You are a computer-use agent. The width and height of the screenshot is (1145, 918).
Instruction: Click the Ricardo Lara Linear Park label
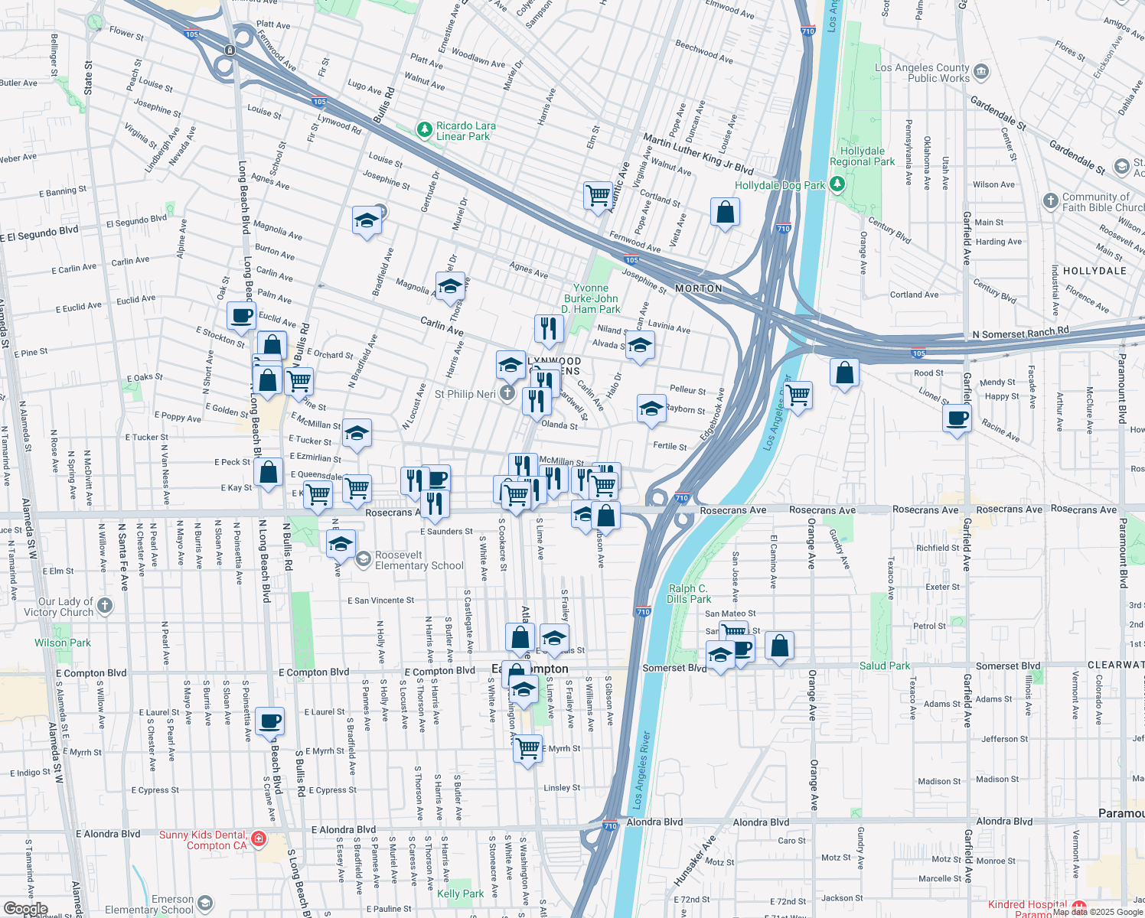tap(465, 131)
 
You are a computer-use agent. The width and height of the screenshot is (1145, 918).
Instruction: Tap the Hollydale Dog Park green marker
tap(837, 184)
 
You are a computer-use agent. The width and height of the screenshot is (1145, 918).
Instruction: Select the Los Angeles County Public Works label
tap(922, 73)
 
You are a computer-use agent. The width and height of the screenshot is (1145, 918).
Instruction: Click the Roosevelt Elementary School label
tap(419, 560)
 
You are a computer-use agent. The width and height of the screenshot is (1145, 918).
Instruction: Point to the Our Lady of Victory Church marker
tap(105, 607)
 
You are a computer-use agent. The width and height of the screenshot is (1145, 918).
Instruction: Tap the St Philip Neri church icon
tap(507, 394)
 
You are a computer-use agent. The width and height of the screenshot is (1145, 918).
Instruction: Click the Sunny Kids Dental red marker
tap(259, 839)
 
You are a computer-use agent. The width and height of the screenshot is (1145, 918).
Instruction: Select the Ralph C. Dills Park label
tap(688, 594)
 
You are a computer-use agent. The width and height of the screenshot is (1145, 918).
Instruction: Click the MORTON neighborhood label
tap(698, 288)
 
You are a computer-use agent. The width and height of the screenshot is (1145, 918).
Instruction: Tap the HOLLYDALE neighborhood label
tap(1094, 271)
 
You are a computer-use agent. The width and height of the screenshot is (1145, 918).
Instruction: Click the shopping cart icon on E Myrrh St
tap(528, 748)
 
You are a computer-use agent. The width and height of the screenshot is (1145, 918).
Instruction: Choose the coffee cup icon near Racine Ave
tap(957, 418)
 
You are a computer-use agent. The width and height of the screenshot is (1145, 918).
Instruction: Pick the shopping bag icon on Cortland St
tap(725, 212)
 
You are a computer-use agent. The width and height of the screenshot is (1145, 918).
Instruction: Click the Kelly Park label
tap(460, 894)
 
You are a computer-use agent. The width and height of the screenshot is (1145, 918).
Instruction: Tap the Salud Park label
tap(885, 666)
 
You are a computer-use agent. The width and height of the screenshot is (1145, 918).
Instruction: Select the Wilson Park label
tap(62, 643)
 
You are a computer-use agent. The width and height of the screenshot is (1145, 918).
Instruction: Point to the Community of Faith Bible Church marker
tap(1050, 201)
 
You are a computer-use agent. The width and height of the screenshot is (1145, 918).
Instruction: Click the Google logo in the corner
tap(25, 909)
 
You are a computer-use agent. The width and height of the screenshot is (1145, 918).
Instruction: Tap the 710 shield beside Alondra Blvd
tap(609, 825)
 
